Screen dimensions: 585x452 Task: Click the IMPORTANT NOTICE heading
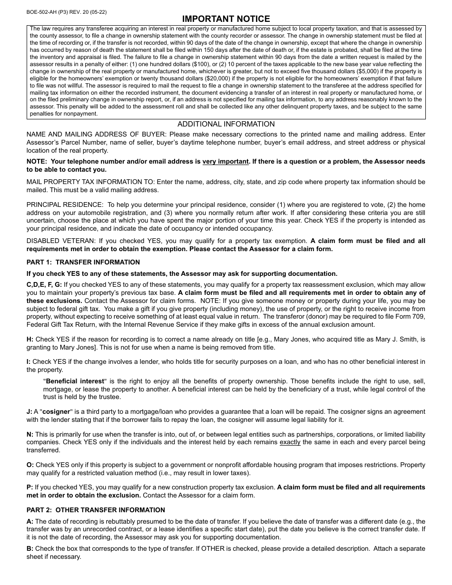click(226, 19)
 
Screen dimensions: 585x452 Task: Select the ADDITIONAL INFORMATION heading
click(226, 124)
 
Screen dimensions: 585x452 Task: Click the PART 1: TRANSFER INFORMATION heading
click(83, 262)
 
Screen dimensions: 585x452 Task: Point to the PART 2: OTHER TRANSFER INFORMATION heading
click(96, 510)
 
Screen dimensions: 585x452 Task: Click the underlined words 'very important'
click(226, 162)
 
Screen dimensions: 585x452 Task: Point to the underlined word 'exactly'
click(290, 442)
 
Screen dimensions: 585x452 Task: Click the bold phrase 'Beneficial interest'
click(75, 381)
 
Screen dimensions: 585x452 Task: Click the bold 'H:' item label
click(30, 340)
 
